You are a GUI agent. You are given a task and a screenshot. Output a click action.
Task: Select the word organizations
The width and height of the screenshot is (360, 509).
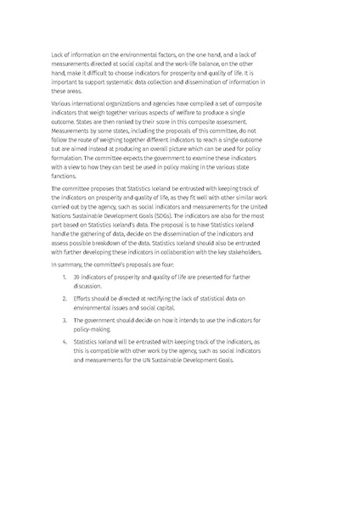120,99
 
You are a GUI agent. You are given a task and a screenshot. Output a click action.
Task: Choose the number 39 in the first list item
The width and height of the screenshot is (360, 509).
76,278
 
